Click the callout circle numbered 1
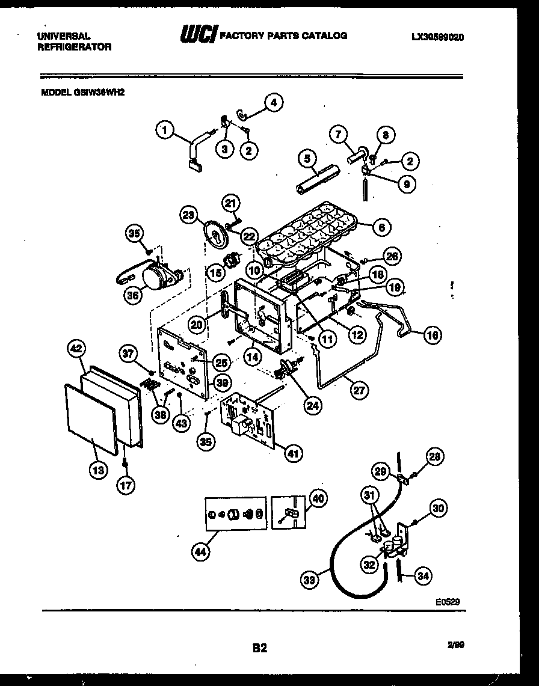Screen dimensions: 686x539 click(x=164, y=128)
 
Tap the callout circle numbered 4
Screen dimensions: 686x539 click(x=274, y=102)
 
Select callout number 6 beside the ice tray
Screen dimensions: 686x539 click(x=381, y=227)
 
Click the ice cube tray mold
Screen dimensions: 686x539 click(x=307, y=231)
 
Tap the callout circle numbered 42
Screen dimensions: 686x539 click(x=76, y=349)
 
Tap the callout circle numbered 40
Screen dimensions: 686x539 click(x=318, y=497)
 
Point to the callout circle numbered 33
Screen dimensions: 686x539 click(x=309, y=580)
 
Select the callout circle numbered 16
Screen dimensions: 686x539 click(x=433, y=335)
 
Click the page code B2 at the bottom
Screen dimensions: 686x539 click(x=259, y=648)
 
